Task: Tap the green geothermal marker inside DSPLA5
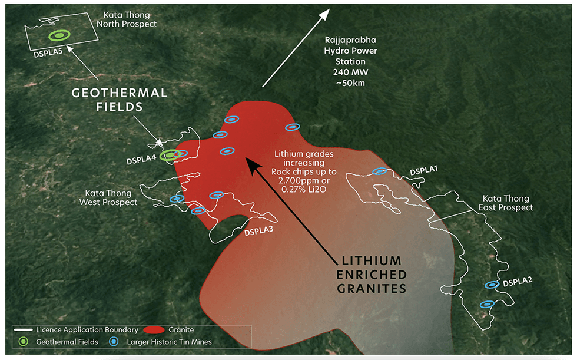click(59, 35)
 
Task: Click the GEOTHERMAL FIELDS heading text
click(120, 100)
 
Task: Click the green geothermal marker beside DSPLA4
click(170, 155)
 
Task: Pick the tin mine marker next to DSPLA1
click(380, 171)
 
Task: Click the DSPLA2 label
click(518, 280)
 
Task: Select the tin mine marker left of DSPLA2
click(492, 285)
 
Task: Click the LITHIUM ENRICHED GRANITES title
click(372, 275)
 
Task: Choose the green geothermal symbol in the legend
click(22, 341)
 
